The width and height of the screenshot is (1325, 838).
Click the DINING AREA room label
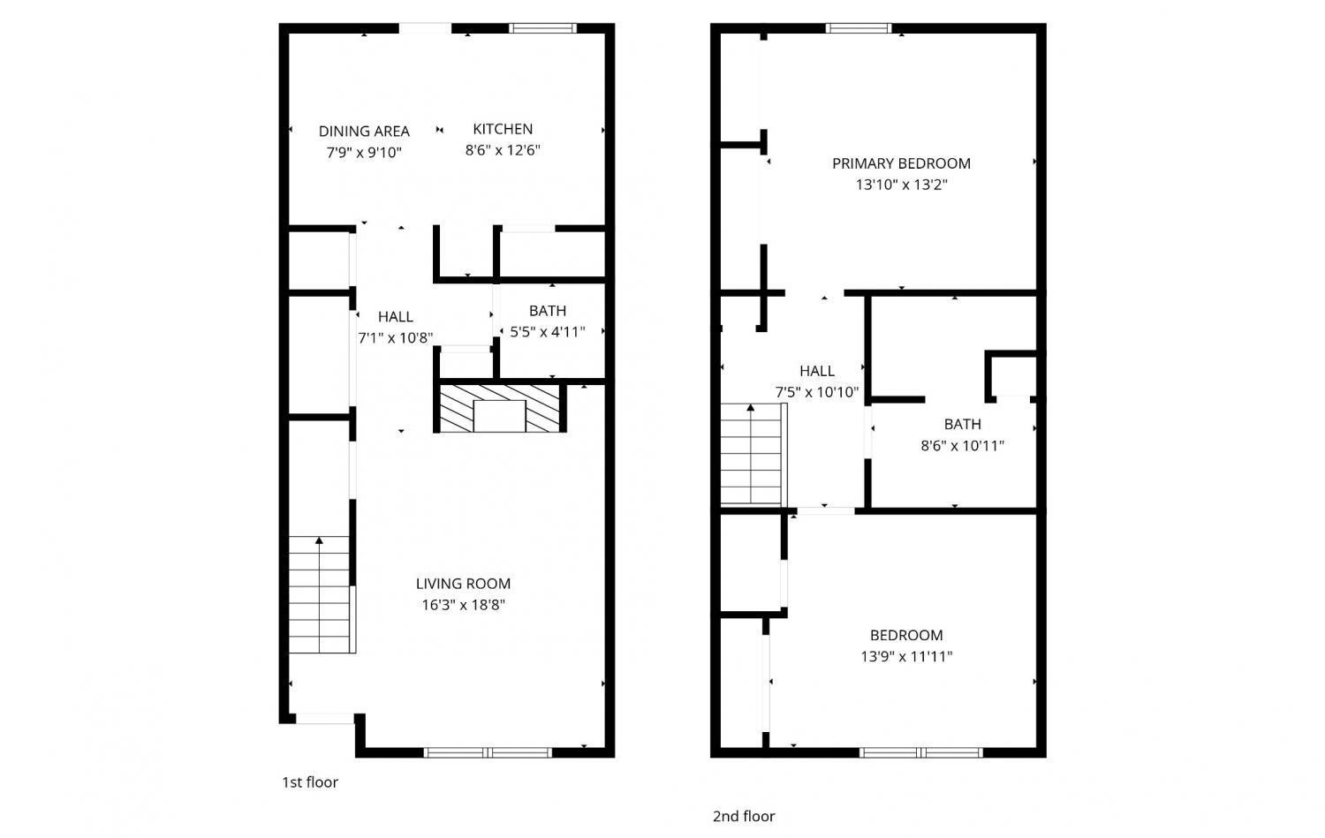coord(364,131)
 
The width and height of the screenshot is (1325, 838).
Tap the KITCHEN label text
coord(503,129)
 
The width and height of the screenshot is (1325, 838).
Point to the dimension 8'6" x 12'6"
coord(503,150)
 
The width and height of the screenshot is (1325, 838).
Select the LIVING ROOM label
coord(463,584)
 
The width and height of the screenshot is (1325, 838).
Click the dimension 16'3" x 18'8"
coord(463,605)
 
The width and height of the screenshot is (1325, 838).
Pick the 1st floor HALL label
coord(395,317)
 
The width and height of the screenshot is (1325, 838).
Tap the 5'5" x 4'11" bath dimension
coord(547,332)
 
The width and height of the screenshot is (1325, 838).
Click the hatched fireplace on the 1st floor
coord(499,409)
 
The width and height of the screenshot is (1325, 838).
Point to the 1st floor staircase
coord(322,594)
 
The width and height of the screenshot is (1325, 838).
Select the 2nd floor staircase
coord(753,454)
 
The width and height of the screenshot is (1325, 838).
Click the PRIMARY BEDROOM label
coord(901,164)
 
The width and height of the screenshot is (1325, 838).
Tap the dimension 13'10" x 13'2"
coord(901,185)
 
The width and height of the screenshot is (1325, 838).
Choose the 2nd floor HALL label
coord(817,372)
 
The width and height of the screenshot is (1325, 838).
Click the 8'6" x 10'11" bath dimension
coord(962,446)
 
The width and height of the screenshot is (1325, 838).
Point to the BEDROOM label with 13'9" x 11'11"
coord(906,636)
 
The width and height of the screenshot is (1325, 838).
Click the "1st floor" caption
coord(310,782)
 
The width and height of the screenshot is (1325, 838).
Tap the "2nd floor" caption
coord(744,817)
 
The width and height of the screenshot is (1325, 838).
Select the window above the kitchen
coord(543,27)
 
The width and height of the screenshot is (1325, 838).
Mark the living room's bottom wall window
coord(488,753)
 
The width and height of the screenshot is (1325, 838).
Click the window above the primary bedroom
coord(859,27)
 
